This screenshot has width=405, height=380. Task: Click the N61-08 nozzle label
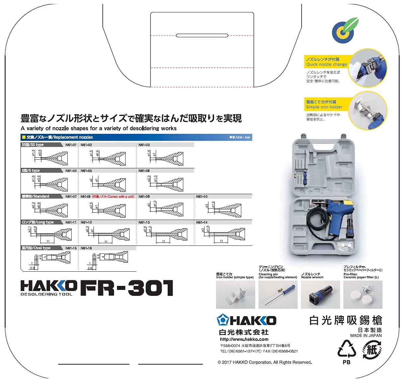(86, 196)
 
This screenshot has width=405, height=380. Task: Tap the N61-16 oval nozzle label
(86, 248)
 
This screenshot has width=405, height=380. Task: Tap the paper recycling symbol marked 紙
(372, 350)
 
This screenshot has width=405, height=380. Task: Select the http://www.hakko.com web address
(244, 339)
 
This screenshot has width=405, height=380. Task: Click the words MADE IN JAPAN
(366, 336)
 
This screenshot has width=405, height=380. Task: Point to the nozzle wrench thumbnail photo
(320, 295)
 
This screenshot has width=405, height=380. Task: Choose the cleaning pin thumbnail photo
(278, 295)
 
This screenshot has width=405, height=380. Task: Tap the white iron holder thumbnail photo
(235, 295)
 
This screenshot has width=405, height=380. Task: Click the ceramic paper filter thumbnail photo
(363, 295)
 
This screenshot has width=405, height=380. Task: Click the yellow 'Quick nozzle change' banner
(326, 62)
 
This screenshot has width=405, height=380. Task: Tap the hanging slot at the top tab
(202, 35)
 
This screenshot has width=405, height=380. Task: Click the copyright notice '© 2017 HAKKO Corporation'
(264, 362)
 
